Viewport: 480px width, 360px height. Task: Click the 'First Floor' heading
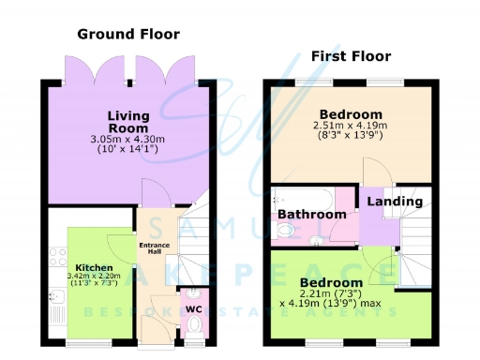[x=351, y=55]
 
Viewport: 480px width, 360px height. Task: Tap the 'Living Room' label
[x=127, y=122]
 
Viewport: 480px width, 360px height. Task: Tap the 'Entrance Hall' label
[x=154, y=248]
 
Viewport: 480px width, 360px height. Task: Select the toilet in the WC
[x=194, y=324]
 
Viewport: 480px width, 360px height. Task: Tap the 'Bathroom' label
[x=312, y=215]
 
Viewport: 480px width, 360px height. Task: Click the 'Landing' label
[x=388, y=202]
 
